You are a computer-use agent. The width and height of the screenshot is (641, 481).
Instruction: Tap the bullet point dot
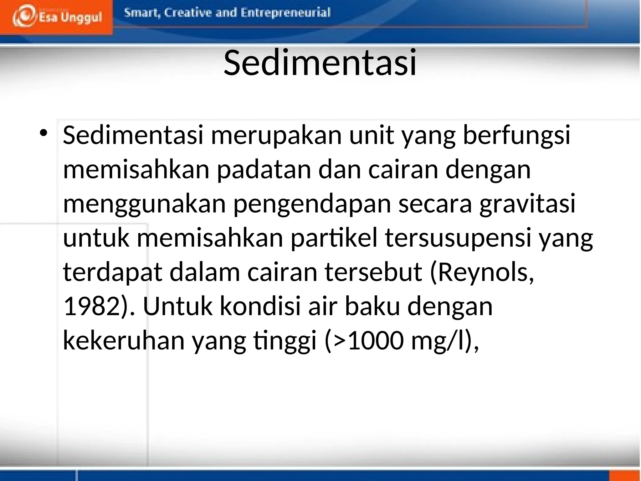point(44,133)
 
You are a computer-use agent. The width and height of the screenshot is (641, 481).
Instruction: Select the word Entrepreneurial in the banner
point(286,13)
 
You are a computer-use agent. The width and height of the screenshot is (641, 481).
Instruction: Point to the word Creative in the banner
point(187,13)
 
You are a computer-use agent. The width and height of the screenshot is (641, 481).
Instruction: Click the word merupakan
point(276,135)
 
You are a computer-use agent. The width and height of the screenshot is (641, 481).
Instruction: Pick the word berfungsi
point(516,135)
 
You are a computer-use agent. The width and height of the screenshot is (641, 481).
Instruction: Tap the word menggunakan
point(144,204)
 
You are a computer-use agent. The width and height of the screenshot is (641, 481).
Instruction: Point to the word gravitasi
point(527,204)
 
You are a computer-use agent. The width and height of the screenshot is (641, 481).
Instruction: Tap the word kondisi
point(260,306)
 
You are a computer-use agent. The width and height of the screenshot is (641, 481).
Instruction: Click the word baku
point(372,306)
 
